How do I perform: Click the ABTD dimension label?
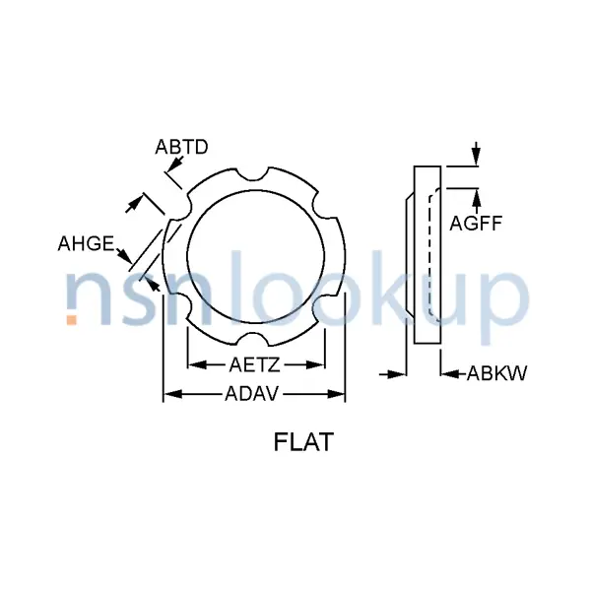(181, 148)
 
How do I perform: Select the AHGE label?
(87, 243)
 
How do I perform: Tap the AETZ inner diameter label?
(255, 364)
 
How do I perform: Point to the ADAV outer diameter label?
(255, 395)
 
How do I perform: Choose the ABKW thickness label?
(496, 374)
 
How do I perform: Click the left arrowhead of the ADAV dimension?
(169, 395)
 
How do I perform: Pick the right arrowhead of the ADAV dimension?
(339, 395)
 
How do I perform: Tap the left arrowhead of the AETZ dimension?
(193, 364)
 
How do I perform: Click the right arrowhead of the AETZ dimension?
(317, 364)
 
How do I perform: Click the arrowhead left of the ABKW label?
(448, 374)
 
